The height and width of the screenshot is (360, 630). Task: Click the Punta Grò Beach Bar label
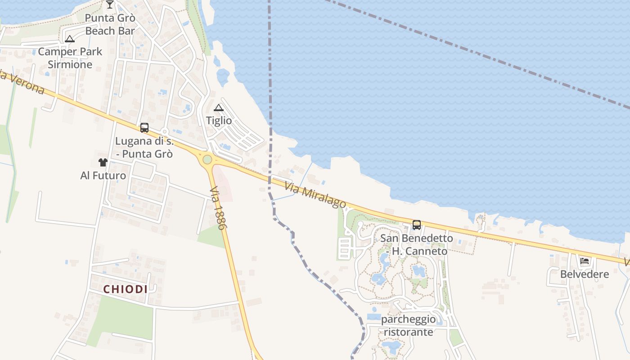pos(110,25)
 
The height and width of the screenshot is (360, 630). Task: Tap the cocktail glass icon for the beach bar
pos(110,5)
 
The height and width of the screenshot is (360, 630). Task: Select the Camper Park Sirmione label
pos(70,58)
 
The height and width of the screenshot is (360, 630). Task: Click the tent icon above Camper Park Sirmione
pos(69,39)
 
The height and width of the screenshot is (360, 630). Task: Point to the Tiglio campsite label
pos(219,121)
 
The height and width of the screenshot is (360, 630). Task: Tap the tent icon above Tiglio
pos(219,108)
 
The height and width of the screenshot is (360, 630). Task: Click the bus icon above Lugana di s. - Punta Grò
pos(144,128)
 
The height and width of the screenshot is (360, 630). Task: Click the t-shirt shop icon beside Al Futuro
pos(103,162)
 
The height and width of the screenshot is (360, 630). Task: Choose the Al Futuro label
pos(103,175)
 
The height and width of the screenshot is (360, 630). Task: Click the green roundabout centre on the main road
pos(207,159)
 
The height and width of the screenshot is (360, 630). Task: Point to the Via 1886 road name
pos(217,208)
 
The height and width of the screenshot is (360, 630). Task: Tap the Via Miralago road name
pos(315,195)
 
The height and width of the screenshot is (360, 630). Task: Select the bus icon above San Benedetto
pos(417,225)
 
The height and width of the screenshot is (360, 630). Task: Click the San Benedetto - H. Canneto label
pos(417,245)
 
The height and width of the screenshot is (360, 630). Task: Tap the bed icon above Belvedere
pos(585,261)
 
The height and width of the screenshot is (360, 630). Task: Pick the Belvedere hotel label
pos(585,274)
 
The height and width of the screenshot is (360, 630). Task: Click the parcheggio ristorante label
pos(408,326)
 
